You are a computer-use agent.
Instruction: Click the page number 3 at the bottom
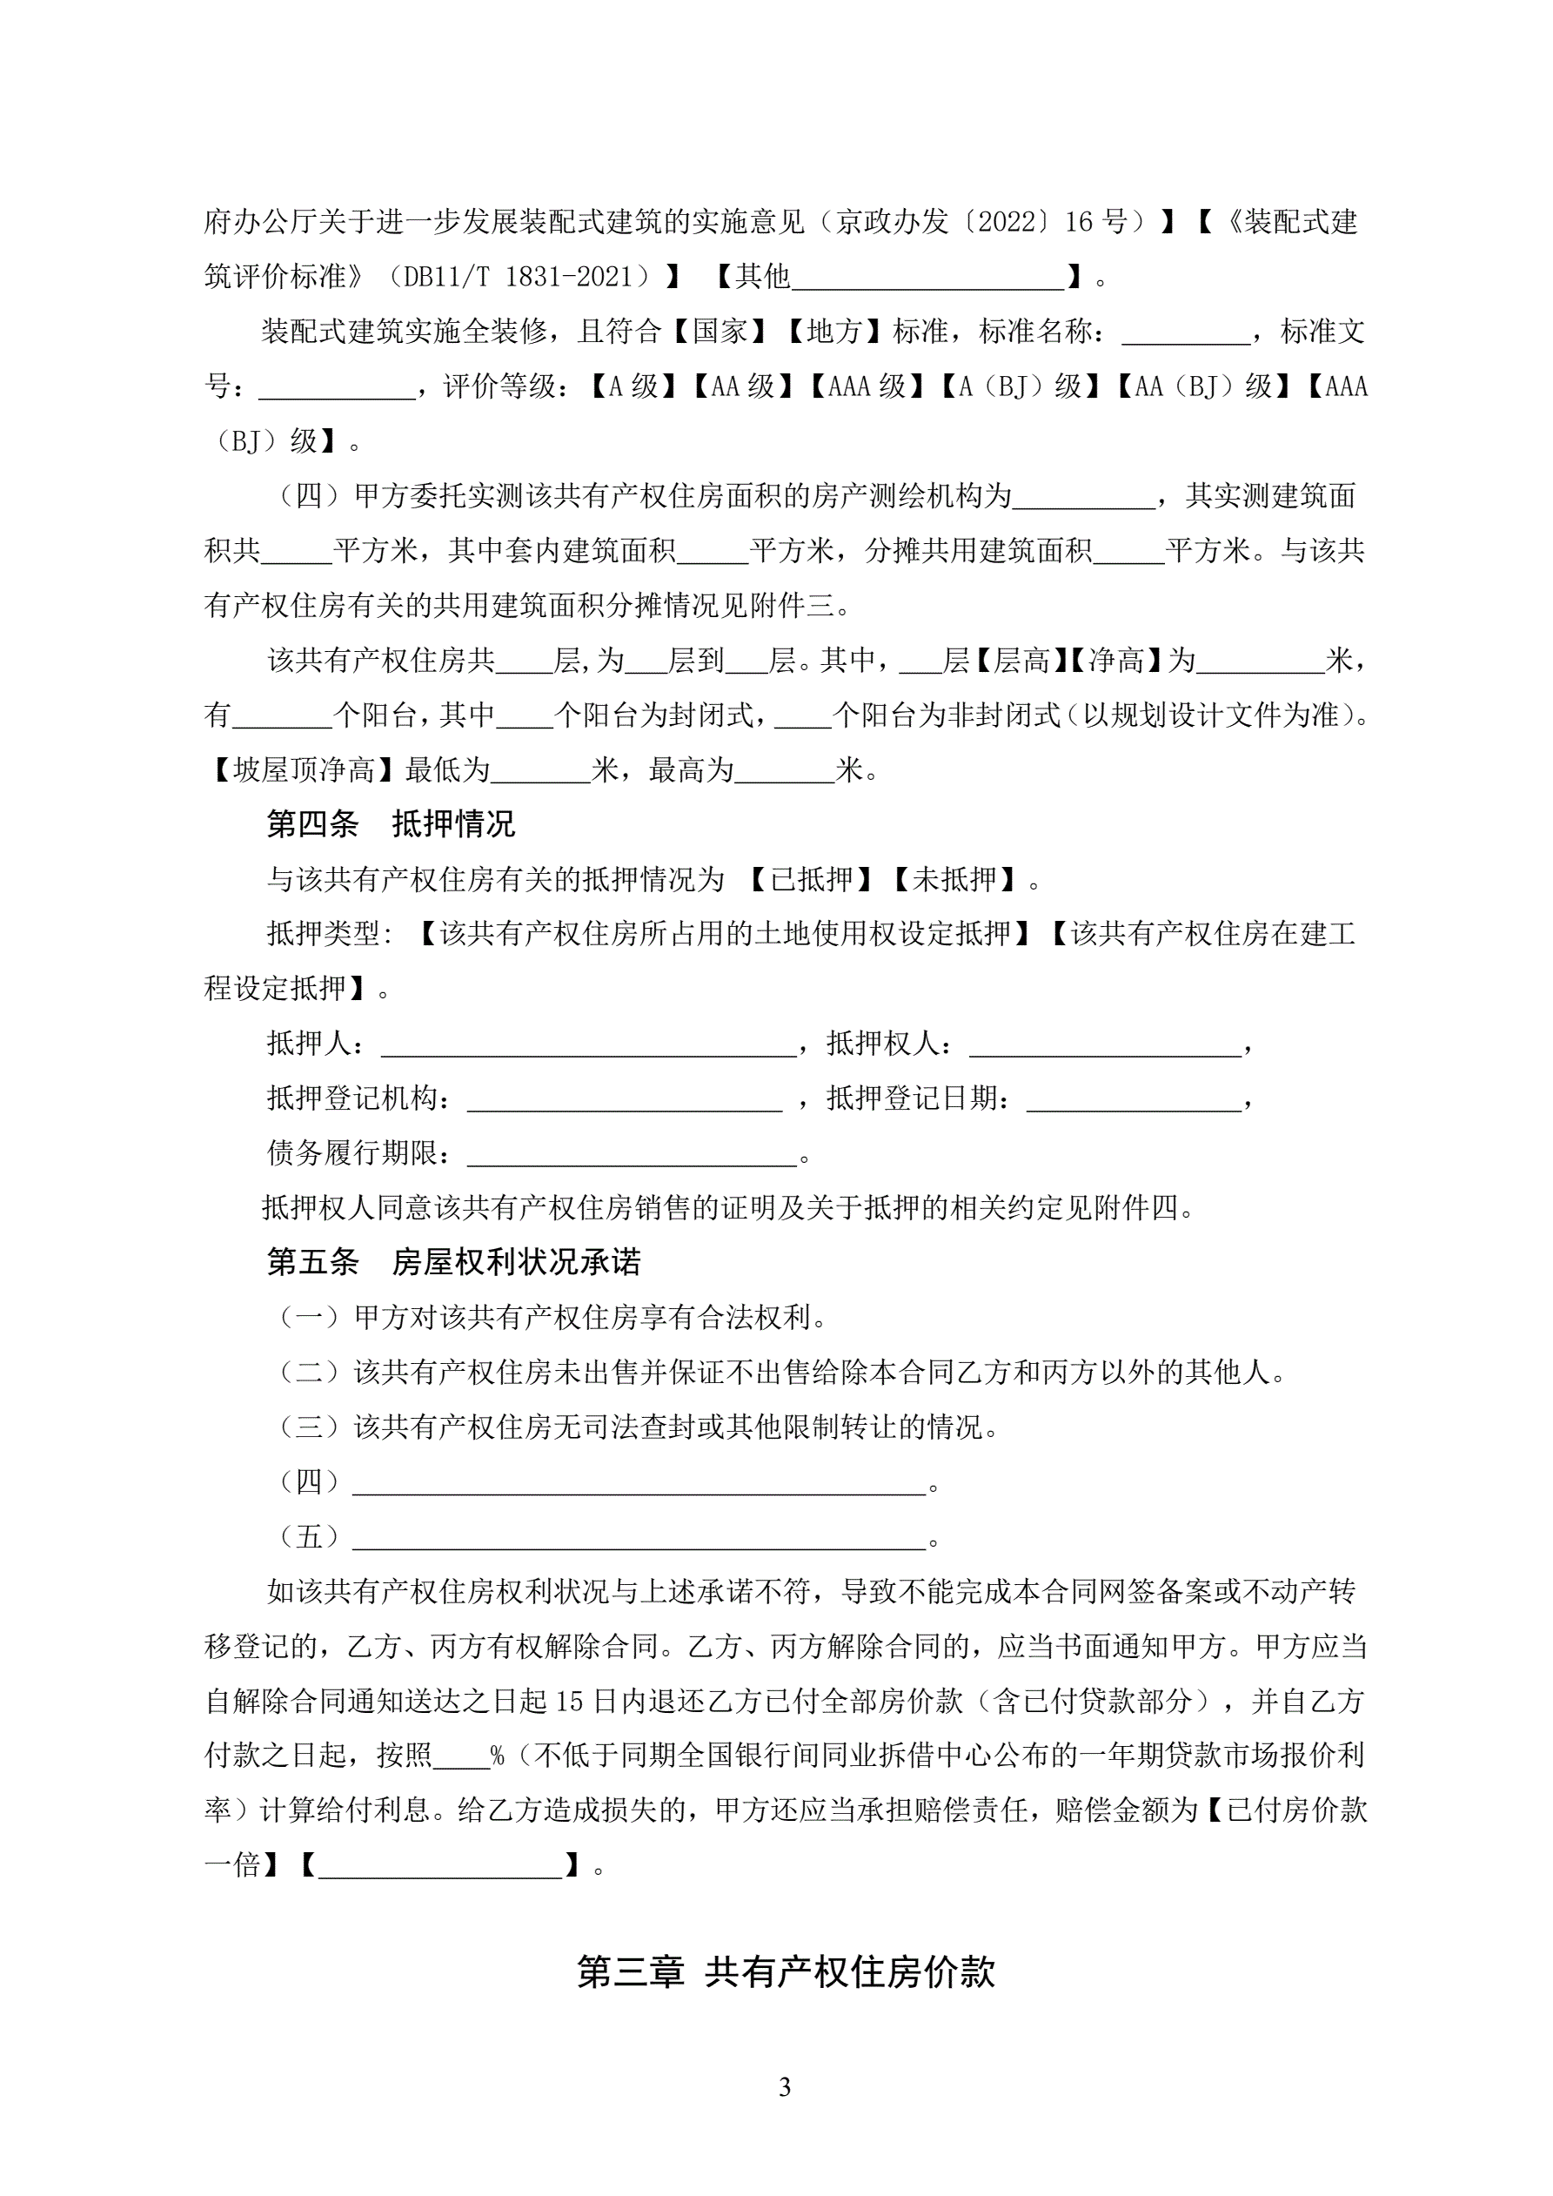(784, 2087)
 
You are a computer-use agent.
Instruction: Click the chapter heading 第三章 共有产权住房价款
(785, 1972)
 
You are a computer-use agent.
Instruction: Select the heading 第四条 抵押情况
(390, 823)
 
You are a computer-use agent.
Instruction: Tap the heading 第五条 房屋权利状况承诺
(453, 1263)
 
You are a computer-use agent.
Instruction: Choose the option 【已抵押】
(810, 879)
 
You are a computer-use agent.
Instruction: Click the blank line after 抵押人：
(588, 1044)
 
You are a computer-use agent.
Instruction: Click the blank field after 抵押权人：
(1105, 1044)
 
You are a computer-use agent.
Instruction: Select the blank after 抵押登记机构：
(624, 1100)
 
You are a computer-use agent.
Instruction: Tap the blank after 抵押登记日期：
(1133, 1100)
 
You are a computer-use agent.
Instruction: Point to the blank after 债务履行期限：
(631, 1154)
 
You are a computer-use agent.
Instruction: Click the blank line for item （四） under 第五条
(639, 1482)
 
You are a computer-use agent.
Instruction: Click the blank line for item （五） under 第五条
(639, 1538)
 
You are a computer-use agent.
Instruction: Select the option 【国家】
(720, 332)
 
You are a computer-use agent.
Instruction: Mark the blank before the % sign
(461, 1756)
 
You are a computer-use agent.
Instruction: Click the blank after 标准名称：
(1186, 332)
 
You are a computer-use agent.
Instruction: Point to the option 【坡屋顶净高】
(303, 770)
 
